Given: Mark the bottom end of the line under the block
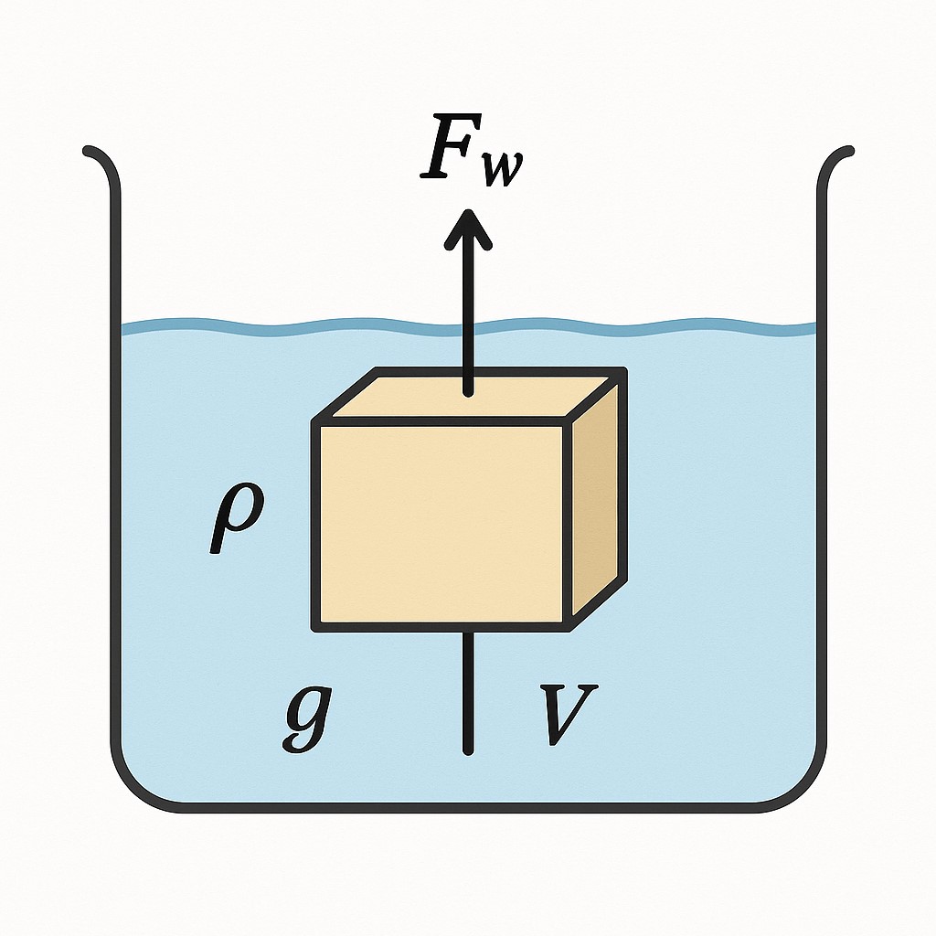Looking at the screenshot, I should (468, 751).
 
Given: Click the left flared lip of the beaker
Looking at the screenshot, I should (96, 155).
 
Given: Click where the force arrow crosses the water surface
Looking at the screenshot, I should (468, 327).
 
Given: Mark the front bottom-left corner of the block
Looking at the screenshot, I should (316, 626).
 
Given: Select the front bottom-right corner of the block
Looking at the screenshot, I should (569, 626).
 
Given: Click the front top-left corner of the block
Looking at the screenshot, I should (316, 422).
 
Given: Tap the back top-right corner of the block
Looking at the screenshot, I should (623, 372).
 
